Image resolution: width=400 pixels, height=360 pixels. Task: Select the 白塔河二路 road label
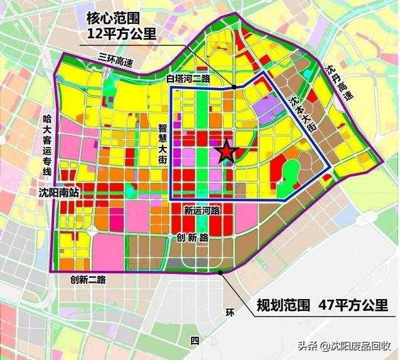[x=188, y=79]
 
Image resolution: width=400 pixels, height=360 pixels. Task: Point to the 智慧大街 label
[x=162, y=144]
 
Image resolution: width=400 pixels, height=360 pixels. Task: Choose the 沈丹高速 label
[x=338, y=82]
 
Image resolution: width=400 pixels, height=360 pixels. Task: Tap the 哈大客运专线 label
[x=46, y=145]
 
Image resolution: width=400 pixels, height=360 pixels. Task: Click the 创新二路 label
[x=84, y=279]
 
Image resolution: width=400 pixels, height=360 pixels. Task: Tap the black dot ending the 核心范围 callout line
[x=233, y=87]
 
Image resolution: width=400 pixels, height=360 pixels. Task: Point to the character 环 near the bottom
[x=230, y=311]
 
